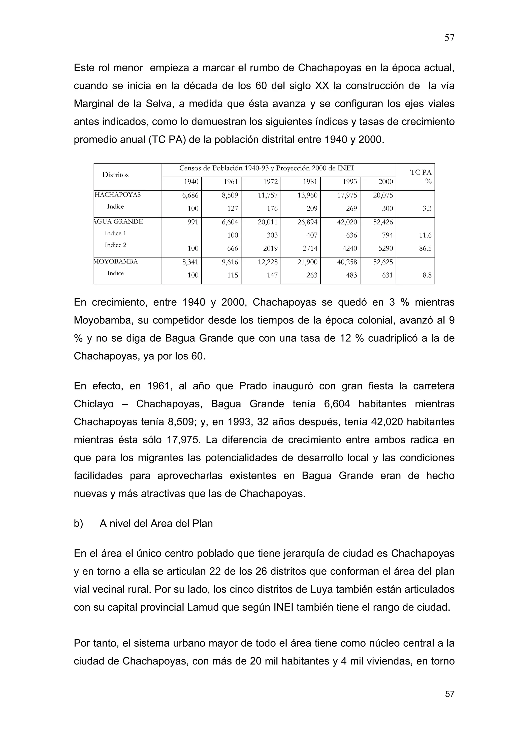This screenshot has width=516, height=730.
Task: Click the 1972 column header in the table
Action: pos(270,182)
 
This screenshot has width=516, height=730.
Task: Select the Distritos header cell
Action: pos(115,175)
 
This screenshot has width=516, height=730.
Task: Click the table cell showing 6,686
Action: pos(190,195)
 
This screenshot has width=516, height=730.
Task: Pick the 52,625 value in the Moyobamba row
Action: pos(383,262)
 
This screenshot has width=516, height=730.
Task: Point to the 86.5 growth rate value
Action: pos(425,248)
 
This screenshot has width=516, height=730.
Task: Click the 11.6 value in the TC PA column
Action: pos(425,235)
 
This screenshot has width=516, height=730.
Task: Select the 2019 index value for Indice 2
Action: pos(270,248)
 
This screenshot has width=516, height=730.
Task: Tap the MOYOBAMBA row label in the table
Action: pos(116,262)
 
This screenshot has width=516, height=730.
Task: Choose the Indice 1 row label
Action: pos(115,233)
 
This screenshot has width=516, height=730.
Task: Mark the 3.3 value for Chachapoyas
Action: pos(427,209)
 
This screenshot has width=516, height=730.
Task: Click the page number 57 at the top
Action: pos(449,38)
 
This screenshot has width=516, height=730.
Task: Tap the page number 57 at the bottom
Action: pos(449,694)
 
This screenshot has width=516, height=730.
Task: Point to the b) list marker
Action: pos(78,524)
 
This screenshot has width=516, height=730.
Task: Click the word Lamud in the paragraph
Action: pos(203,607)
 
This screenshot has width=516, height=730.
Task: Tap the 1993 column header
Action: pos(349,182)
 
